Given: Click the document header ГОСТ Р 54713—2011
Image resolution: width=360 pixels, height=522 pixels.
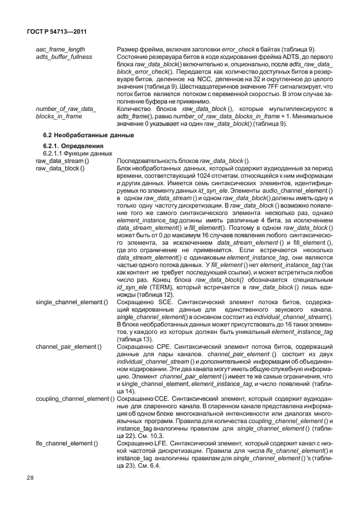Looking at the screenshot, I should (x=54, y=33).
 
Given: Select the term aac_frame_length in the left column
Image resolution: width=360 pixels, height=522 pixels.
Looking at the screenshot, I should (x=61, y=51).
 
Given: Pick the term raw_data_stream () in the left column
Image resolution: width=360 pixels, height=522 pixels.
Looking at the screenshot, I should (x=63, y=161).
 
